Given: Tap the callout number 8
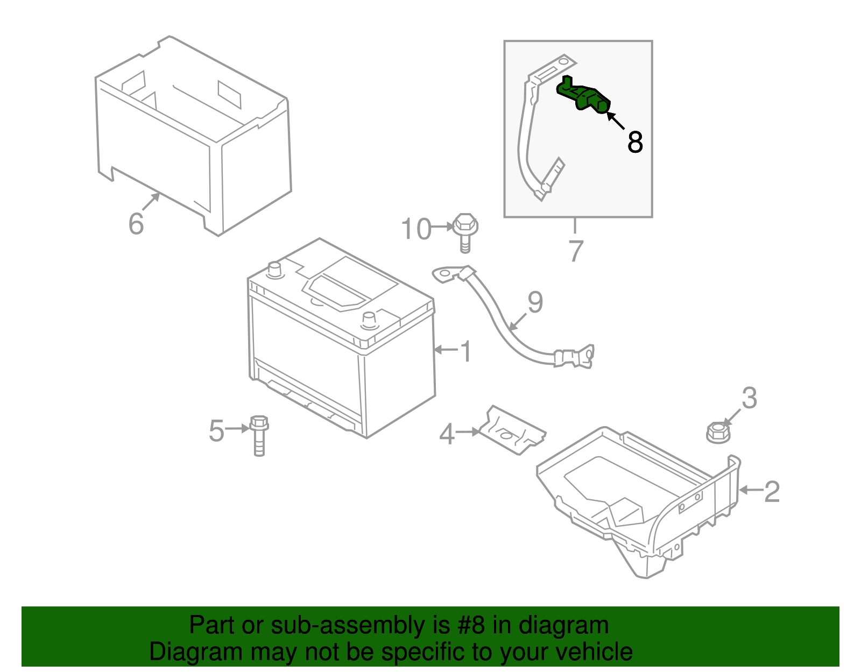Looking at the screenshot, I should pyautogui.click(x=635, y=143).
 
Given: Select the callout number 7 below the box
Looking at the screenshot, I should pyautogui.click(x=575, y=251).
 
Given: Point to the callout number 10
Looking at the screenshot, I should pyautogui.click(x=416, y=229).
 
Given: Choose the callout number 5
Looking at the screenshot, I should pyautogui.click(x=216, y=431).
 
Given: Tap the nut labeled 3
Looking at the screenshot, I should pyautogui.click(x=718, y=432).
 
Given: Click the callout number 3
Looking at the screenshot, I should pyautogui.click(x=749, y=399).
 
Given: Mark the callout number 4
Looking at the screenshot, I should pyautogui.click(x=447, y=434).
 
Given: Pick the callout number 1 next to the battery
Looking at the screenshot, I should pyautogui.click(x=466, y=352).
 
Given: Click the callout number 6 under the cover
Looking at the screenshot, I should pyautogui.click(x=136, y=223).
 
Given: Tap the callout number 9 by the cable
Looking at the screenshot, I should pyautogui.click(x=535, y=302).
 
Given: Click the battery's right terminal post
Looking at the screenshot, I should pyautogui.click(x=369, y=319).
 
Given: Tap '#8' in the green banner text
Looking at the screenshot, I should pyautogui.click(x=471, y=626).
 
